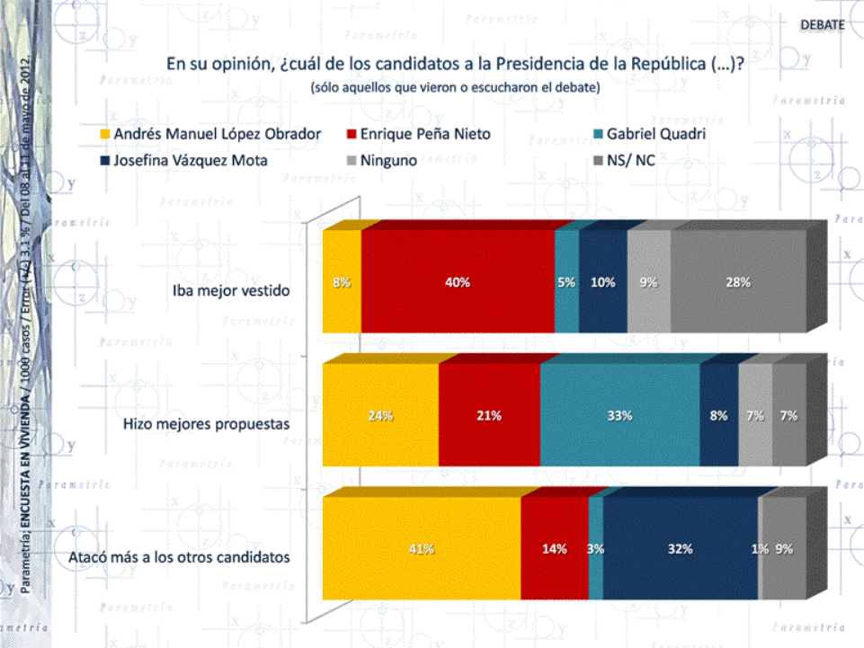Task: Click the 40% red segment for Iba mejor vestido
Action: click(x=458, y=281)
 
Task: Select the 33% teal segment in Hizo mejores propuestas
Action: click(x=619, y=415)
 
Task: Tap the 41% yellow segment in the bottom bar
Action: click(x=422, y=549)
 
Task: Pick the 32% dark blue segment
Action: click(x=681, y=549)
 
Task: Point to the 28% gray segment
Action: click(x=738, y=281)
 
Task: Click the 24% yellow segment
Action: click(x=380, y=415)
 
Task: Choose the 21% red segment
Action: click(x=489, y=415)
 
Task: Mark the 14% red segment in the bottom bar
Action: click(x=554, y=549)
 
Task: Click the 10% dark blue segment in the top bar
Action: click(x=602, y=281)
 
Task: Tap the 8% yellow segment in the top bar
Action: click(x=342, y=281)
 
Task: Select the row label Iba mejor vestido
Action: click(x=231, y=290)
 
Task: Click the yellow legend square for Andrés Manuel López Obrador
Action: click(x=104, y=135)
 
